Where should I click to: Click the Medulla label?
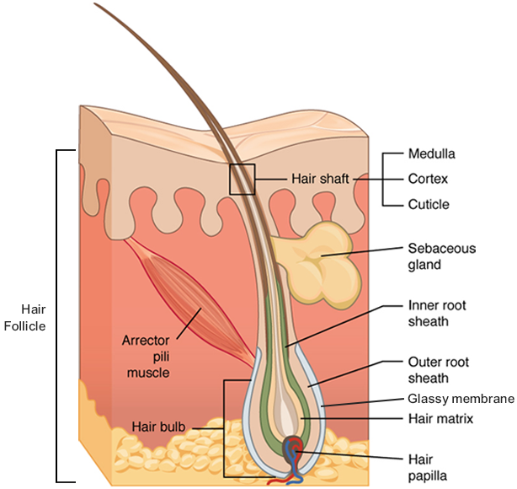point(431,154)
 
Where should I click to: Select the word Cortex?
point(428,179)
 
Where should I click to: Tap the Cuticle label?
point(429,204)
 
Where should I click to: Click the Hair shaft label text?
point(319,179)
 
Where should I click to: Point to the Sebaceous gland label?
point(441,256)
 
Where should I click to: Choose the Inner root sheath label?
point(436,313)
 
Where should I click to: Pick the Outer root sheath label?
point(436,371)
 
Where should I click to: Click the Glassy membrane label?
point(460,399)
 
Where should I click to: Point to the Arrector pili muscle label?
point(151,355)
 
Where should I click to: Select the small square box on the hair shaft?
point(243,179)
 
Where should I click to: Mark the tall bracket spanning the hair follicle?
point(57,315)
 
